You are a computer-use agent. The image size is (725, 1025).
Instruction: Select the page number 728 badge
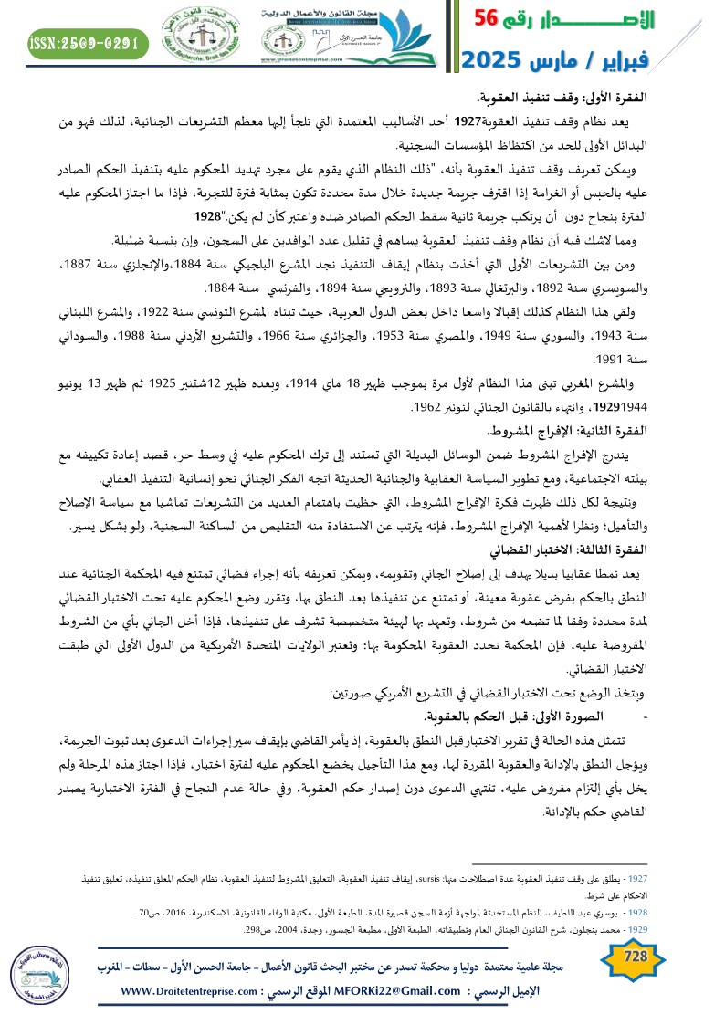click(x=634, y=956)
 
